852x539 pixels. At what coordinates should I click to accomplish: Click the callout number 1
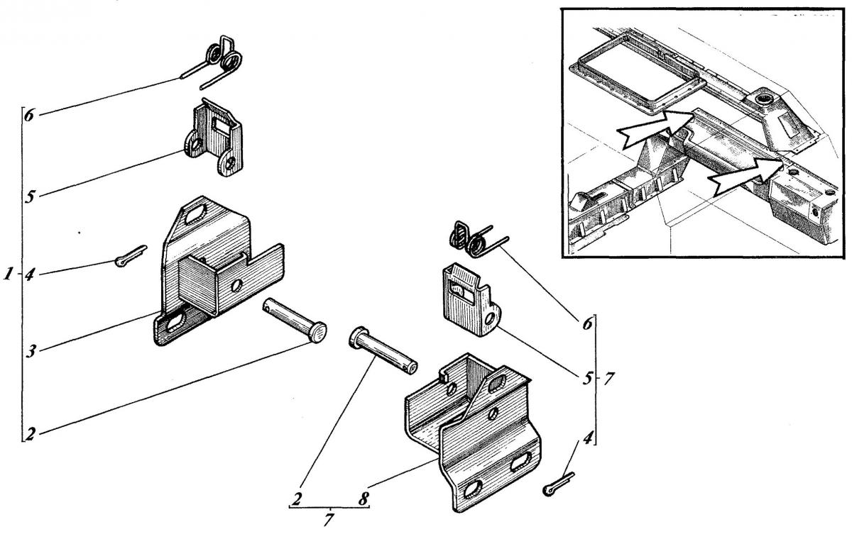click(9, 274)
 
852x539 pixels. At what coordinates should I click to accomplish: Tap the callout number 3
click(31, 351)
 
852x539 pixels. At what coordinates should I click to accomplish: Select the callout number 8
click(364, 499)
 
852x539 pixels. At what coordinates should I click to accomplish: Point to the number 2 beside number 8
click(297, 499)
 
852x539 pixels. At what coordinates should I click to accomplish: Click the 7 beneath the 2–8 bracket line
click(329, 520)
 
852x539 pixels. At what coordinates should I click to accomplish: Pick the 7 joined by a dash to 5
click(609, 379)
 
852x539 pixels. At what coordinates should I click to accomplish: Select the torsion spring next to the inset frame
click(478, 240)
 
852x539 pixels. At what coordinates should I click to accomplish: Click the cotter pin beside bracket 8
click(558, 484)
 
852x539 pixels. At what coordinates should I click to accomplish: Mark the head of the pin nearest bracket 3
click(318, 332)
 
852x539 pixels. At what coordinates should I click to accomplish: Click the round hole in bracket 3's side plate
click(236, 285)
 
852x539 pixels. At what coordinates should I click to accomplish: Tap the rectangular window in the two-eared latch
click(222, 126)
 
